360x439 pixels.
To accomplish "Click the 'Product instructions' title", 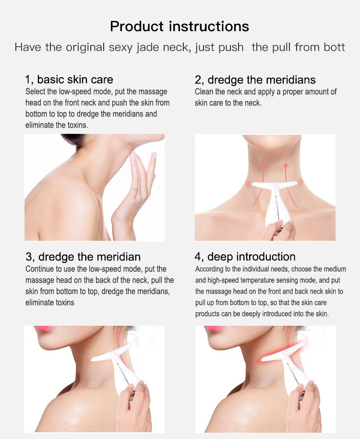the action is click(180, 26).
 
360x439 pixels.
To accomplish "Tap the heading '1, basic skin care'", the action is click(69, 80).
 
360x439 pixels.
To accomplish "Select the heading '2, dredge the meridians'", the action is click(255, 80).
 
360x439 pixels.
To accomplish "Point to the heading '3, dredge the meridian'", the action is click(83, 257).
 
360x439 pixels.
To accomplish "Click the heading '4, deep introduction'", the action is click(245, 257).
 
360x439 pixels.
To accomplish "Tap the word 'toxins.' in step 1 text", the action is click(78, 125).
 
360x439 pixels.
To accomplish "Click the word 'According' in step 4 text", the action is click(209, 269).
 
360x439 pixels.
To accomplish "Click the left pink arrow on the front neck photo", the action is click(259, 185).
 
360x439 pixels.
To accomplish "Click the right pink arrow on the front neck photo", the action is click(290, 184).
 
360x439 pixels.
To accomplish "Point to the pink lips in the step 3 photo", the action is click(46, 328).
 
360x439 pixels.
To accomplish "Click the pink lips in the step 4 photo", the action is click(216, 328).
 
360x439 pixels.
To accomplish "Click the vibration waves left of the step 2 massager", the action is click(248, 184).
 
